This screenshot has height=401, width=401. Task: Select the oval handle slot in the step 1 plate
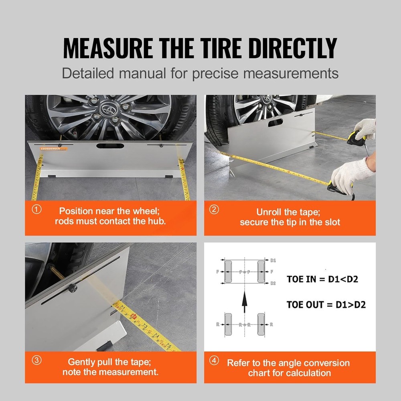pyautogui.click(x=107, y=146)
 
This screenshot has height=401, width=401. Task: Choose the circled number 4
pyautogui.click(x=215, y=360)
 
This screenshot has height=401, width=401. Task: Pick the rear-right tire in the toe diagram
pyautogui.click(x=261, y=324)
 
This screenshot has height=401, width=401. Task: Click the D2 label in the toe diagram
pyautogui.click(x=273, y=283)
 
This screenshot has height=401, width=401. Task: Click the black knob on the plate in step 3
pyautogui.click(x=72, y=288)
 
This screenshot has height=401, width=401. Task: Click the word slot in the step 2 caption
pyautogui.click(x=330, y=222)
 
